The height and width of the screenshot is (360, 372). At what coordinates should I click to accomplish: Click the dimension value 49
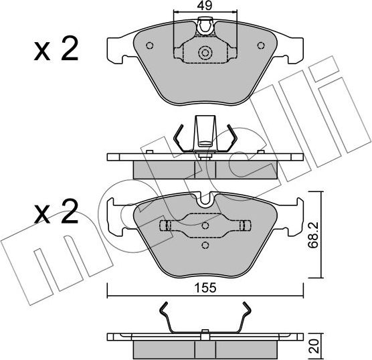tap(205, 7)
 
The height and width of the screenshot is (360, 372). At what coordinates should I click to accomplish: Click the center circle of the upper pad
tap(205, 53)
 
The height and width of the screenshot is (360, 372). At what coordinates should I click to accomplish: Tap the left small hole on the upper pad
tap(150, 46)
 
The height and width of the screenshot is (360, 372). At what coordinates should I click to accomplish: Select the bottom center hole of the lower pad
tap(205, 246)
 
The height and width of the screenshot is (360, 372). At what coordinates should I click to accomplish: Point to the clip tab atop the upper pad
tap(205, 27)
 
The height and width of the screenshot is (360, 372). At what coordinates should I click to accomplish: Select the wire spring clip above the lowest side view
tap(205, 318)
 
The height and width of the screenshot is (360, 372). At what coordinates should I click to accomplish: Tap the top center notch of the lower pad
tap(205, 198)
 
